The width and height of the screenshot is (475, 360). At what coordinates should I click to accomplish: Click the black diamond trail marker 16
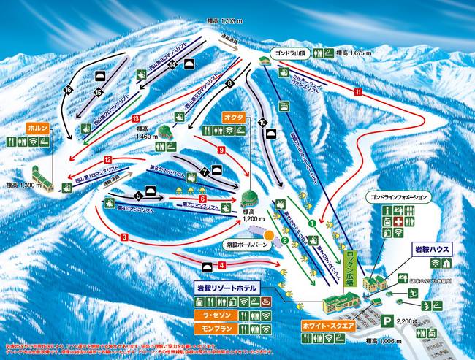[x=69, y=90]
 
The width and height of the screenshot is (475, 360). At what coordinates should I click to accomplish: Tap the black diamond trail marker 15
[x=97, y=92]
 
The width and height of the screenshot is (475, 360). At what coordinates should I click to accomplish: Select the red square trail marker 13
[x=136, y=118]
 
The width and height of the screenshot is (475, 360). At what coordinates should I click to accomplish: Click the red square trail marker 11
[x=358, y=93]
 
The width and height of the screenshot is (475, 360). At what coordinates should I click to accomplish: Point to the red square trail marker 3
[x=125, y=237]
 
